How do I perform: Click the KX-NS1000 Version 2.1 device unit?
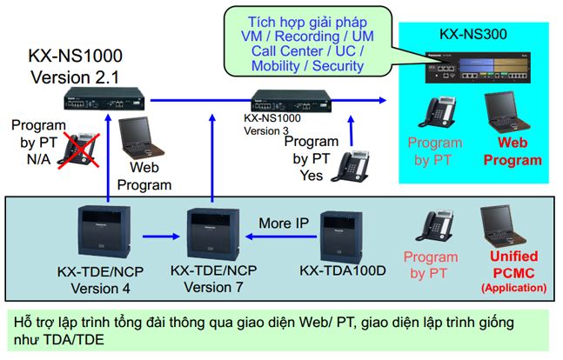tap(104, 99)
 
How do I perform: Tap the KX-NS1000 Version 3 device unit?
tap(291, 101)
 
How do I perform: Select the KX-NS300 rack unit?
tap(478, 68)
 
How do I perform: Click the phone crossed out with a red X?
tap(78, 150)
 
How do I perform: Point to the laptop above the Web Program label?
tap(140, 137)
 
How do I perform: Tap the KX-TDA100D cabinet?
tap(341, 237)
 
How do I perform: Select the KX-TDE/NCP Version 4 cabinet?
tap(104, 231)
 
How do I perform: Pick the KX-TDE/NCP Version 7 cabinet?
tap(213, 234)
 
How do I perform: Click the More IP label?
tap(284, 223)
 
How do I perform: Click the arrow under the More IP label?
tap(281, 237)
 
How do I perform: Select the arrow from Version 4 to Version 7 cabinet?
tap(161, 237)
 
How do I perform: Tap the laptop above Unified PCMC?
tap(504, 226)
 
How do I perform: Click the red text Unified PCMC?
tap(513, 265)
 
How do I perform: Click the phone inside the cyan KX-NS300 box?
tap(438, 112)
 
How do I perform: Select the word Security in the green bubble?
tap(338, 66)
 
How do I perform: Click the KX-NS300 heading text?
tap(473, 34)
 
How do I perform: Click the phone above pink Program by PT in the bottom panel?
tap(434, 226)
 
